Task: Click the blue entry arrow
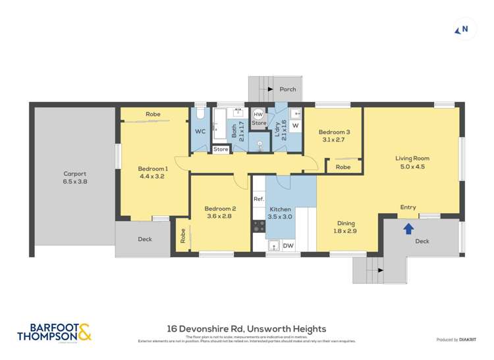tap(408, 228)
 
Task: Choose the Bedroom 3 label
tap(335, 136)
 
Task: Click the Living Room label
tap(412, 162)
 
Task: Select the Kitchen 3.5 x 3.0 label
tap(279, 213)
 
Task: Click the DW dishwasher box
tap(287, 245)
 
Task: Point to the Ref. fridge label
tap(259, 199)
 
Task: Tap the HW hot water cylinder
tap(258, 114)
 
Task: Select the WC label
tap(201, 131)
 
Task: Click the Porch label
tap(287, 90)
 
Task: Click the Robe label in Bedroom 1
tap(153, 114)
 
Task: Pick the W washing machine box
tap(294, 125)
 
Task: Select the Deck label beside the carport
tap(145, 239)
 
